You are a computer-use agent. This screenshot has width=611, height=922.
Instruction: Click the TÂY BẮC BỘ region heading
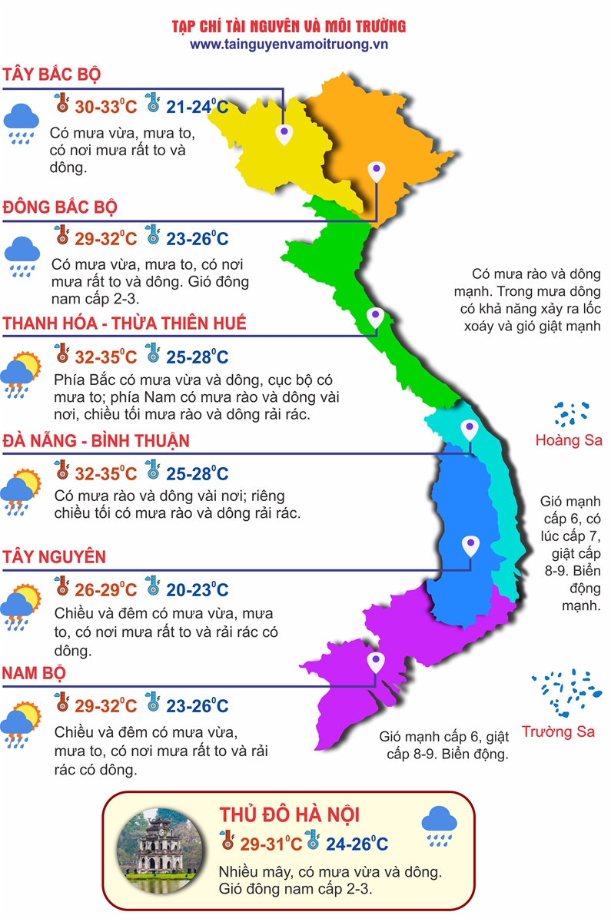pyautogui.click(x=52, y=75)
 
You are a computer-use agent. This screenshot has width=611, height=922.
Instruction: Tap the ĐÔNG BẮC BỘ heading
pyautogui.click(x=59, y=207)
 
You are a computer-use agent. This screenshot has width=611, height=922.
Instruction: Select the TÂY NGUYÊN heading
pyautogui.click(x=54, y=556)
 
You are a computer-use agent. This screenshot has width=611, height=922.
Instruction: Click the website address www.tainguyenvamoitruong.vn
pyautogui.click(x=289, y=45)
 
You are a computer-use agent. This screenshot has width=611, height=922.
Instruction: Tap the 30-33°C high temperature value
pyautogui.click(x=105, y=107)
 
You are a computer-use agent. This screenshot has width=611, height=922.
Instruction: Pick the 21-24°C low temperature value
pyautogui.click(x=198, y=107)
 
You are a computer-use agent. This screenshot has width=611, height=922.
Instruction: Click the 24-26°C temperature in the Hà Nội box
pyautogui.click(x=357, y=844)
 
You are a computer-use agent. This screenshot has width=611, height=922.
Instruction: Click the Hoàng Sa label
pyautogui.click(x=569, y=441)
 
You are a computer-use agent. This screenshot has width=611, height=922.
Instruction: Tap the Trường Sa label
pyautogui.click(x=558, y=731)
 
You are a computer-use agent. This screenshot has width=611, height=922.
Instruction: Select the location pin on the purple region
pyautogui.click(x=375, y=662)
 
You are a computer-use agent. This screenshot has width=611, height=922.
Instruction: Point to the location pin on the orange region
pyautogui.click(x=376, y=171)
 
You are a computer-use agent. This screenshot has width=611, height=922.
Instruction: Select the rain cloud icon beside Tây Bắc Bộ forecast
pyautogui.click(x=21, y=123)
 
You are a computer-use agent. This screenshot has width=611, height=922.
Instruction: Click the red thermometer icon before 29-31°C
pyautogui.click(x=227, y=840)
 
